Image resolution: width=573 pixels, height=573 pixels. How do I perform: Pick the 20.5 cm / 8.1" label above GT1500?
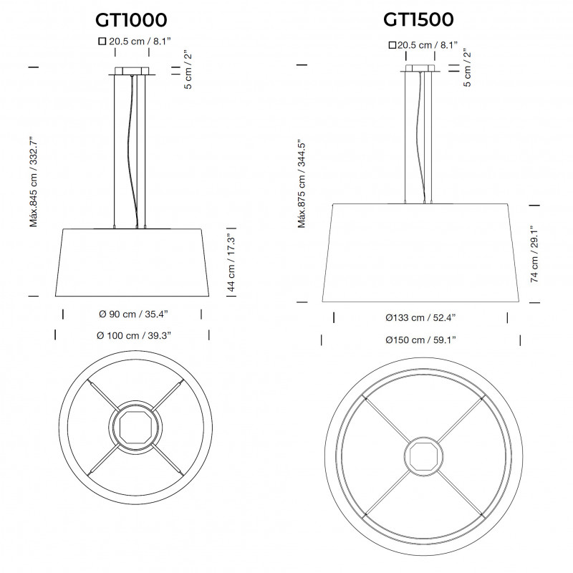coord(423,45)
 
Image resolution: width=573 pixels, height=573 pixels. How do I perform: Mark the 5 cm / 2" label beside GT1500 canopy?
coord(467,68)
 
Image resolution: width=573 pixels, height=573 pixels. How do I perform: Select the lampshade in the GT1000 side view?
coord(132,262)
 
